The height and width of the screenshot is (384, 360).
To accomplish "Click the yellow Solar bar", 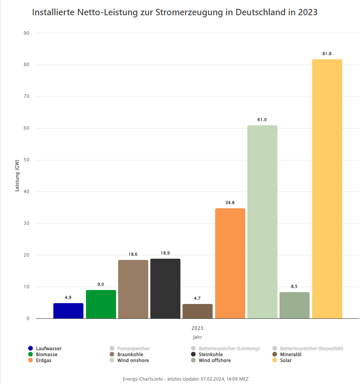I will click(x=327, y=189).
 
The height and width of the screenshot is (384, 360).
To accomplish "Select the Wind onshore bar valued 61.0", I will click(x=262, y=222).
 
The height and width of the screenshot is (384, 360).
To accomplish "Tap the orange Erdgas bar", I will click(x=230, y=263).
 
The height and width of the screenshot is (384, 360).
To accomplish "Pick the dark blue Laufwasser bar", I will click(x=68, y=311).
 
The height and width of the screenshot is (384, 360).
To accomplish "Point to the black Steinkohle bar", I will click(x=165, y=288).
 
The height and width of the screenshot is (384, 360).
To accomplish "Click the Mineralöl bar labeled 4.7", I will click(x=197, y=311).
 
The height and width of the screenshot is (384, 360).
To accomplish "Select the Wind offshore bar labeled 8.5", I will click(x=294, y=305).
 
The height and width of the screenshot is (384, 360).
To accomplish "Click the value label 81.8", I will click(x=327, y=54).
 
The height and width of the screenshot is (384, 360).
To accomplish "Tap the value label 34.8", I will click(x=230, y=203).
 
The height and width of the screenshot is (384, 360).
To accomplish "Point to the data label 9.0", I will click(x=100, y=285).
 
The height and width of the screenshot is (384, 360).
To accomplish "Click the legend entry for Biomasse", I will click(x=47, y=354).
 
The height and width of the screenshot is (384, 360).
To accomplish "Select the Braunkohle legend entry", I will click(x=130, y=354).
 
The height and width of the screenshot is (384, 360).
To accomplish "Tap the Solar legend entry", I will click(x=285, y=360).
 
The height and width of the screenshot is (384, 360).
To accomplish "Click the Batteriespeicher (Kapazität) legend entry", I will click(x=311, y=348).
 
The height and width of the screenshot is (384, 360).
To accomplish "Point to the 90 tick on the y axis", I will click(x=27, y=33).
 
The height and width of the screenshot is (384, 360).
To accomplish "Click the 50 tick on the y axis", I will click(x=27, y=160).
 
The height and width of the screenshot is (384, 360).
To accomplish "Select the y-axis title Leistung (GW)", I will click(x=17, y=176).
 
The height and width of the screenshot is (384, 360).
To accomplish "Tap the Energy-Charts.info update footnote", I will click(x=186, y=379).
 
